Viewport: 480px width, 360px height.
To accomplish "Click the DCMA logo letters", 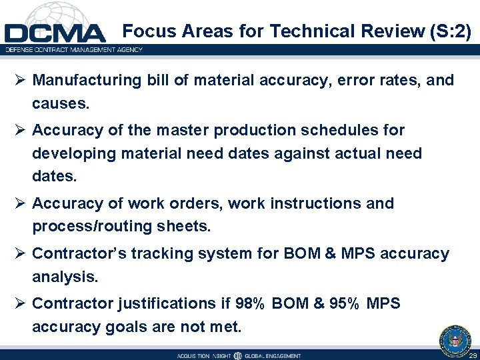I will pyautogui.click(x=55, y=33).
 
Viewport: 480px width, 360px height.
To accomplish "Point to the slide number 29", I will pyautogui.click(x=472, y=356).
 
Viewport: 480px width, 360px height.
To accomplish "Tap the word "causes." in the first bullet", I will pyautogui.click(x=60, y=105).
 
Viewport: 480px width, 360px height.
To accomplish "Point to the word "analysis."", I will pyautogui.click(x=62, y=277).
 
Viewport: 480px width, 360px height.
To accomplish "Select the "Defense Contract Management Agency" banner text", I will pyautogui.click(x=73, y=49).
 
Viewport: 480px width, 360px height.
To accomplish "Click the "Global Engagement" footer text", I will pyautogui.click(x=273, y=356).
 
